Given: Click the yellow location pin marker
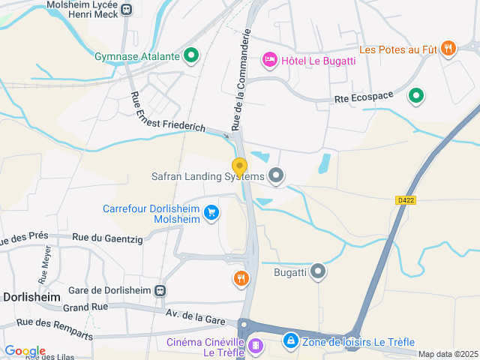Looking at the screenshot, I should (239, 167).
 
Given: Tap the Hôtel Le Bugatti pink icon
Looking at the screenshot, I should (269, 59).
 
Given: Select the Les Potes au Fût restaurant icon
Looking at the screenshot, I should (448, 49).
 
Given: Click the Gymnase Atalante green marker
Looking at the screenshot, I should (191, 55).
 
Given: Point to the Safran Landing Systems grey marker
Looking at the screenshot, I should (277, 176).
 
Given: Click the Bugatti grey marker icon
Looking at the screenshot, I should (319, 271).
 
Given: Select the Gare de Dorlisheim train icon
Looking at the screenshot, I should (160, 290).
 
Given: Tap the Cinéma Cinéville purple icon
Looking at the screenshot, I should (256, 346).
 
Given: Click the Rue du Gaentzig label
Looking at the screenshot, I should (106, 237).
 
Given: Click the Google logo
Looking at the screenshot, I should (25, 351).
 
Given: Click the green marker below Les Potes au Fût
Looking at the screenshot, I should (416, 96).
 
